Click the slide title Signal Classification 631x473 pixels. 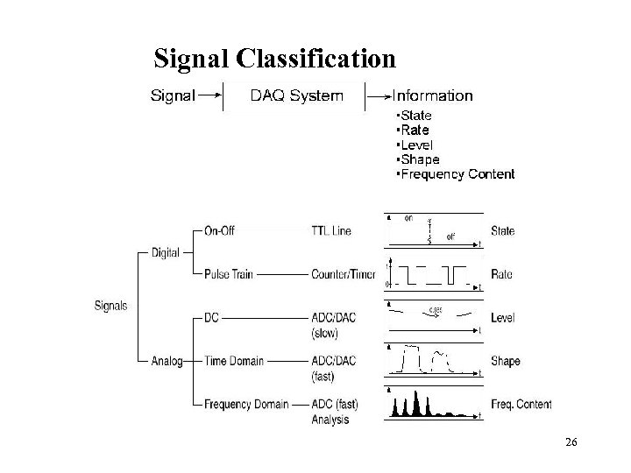point(274,59)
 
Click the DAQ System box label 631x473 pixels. point(296,95)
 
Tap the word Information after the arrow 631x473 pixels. point(432,95)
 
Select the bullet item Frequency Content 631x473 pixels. point(457,174)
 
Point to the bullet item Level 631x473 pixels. point(417,145)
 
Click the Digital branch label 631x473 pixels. point(165,252)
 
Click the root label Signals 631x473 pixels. point(110,306)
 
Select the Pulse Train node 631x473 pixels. point(228,274)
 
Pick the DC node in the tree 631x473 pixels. point(212,317)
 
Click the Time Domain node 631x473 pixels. point(233,361)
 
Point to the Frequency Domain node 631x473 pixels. point(245,404)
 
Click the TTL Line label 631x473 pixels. point(331,231)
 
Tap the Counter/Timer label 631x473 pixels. point(343,274)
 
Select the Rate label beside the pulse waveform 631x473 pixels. point(502,274)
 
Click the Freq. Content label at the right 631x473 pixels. point(521,404)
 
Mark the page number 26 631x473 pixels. point(571,444)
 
